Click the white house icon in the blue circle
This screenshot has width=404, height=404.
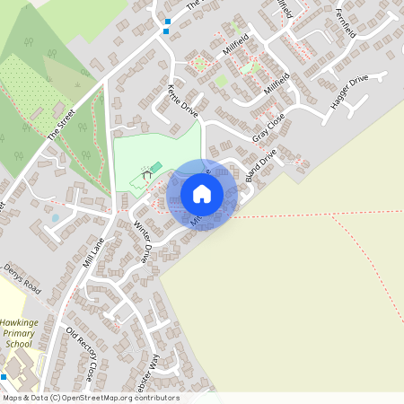(202, 193)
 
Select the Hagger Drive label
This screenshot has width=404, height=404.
(349, 91)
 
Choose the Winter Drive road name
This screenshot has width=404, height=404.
(144, 241)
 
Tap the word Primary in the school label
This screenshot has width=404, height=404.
(18, 332)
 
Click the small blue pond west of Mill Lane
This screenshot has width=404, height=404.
(56, 217)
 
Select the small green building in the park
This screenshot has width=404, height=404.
(155, 167)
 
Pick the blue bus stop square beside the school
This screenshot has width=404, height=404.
(4, 377)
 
